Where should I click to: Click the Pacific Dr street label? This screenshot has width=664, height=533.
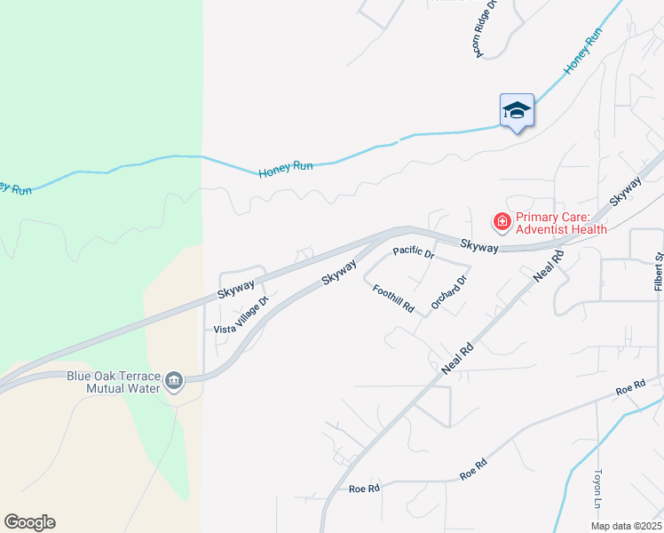tap(414, 253)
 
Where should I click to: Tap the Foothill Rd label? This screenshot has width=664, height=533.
tap(393, 298)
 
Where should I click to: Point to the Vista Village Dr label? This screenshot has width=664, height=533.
tap(241, 315)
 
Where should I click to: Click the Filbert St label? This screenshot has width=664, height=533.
tap(659, 272)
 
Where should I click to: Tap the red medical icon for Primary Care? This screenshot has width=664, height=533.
tap(502, 220)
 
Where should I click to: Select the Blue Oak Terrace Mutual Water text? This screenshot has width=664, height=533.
tap(115, 381)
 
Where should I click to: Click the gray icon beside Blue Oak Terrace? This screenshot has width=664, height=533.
tap(174, 381)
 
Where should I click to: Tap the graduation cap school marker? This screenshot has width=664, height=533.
tap(517, 111)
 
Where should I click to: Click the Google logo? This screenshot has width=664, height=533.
tap(29, 522)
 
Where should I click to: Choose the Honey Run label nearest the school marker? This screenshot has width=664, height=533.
tap(582, 52)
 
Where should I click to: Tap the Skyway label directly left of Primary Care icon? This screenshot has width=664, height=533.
tap(478, 246)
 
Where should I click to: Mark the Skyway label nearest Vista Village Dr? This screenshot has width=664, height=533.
tap(237, 288)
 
